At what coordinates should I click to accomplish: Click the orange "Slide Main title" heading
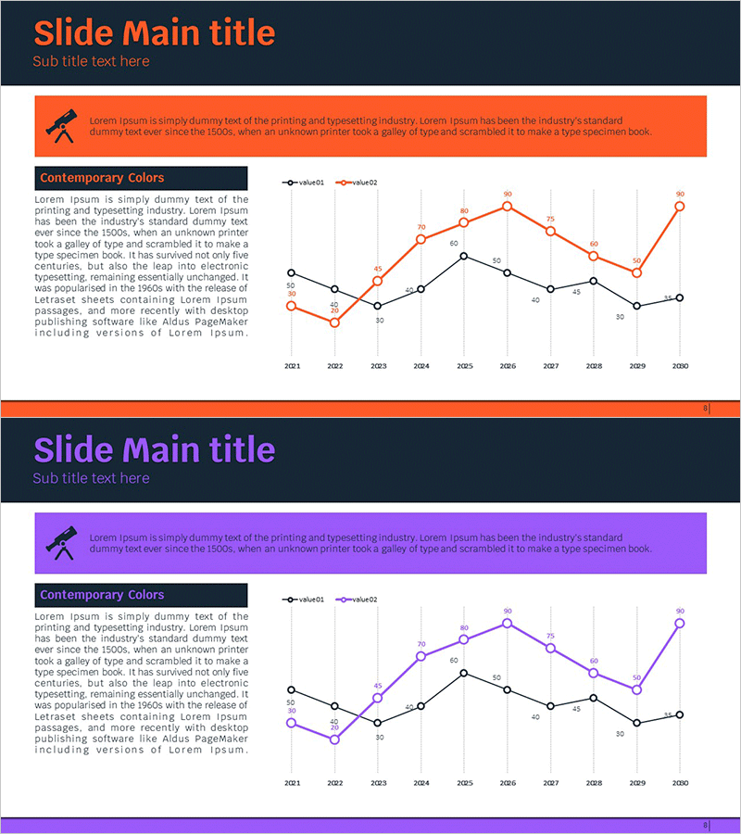pyautogui.click(x=155, y=32)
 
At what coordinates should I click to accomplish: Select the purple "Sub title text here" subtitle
pyautogui.click(x=91, y=478)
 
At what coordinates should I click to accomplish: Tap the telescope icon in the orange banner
pyautogui.click(x=62, y=125)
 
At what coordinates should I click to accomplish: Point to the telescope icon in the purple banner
pyautogui.click(x=62, y=542)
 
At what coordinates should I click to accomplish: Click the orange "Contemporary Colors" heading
pyautogui.click(x=102, y=178)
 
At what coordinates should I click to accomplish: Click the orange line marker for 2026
pyautogui.click(x=508, y=206)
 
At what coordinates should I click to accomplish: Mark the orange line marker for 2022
pyautogui.click(x=334, y=322)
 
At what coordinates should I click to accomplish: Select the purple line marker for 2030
pyautogui.click(x=680, y=623)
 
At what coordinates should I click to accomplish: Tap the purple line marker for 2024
pyautogui.click(x=421, y=656)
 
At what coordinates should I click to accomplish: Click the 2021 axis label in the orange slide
pyautogui.click(x=292, y=366)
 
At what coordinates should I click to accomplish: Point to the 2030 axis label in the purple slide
pyautogui.click(x=680, y=783)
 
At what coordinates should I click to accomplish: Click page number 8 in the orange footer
pyautogui.click(x=705, y=408)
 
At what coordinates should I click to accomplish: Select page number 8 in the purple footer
pyautogui.click(x=705, y=825)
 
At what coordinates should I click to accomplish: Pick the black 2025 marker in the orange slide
pyautogui.click(x=464, y=256)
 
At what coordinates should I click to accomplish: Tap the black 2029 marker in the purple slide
pyautogui.click(x=637, y=723)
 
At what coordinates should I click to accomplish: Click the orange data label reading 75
pyautogui.click(x=550, y=220)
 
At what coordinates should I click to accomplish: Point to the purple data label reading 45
pyautogui.click(x=378, y=686)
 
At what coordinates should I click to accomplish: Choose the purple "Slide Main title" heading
pyautogui.click(x=155, y=449)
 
